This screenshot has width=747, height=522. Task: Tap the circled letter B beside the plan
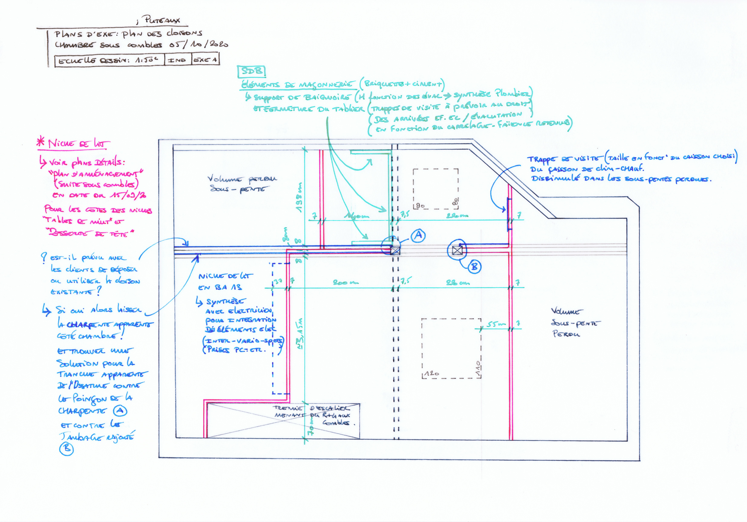click(x=474, y=267)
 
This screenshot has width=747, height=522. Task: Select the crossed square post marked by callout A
click(x=395, y=250)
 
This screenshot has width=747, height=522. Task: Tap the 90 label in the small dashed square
click(x=420, y=206)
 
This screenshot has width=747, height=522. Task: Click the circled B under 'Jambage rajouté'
click(x=66, y=449)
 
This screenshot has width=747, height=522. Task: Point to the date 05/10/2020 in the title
click(x=198, y=44)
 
